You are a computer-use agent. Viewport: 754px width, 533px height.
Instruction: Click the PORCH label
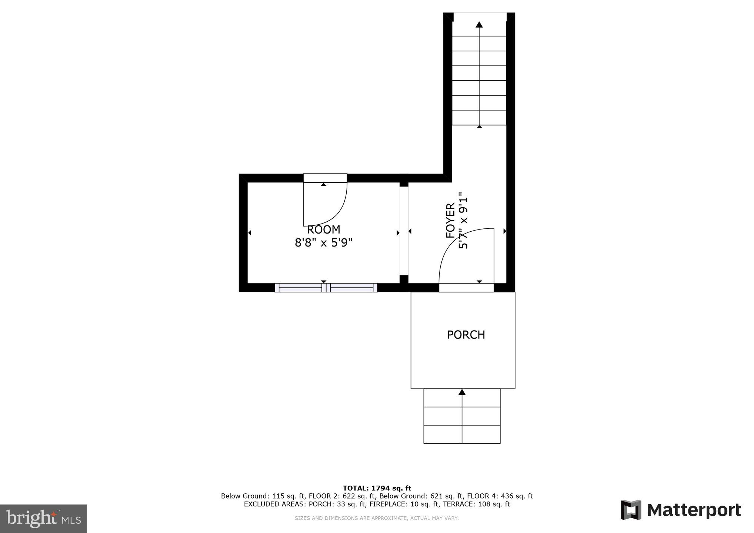click(466, 335)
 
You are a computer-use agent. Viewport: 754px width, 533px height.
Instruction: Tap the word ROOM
click(323, 229)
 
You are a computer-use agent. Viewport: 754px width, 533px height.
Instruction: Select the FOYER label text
click(450, 221)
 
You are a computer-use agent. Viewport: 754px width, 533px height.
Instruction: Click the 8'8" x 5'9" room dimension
click(323, 243)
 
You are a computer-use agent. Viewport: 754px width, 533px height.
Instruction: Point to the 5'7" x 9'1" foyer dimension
click(463, 221)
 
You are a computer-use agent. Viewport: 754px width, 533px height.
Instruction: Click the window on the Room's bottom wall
click(326, 288)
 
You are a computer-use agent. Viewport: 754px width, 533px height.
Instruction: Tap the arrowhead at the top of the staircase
click(479, 25)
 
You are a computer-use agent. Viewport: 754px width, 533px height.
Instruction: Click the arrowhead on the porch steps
click(462, 392)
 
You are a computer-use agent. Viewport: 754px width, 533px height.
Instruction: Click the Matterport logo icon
click(631, 510)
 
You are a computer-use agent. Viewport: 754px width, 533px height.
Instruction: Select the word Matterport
click(694, 510)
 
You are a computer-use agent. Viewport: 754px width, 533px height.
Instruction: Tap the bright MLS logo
click(43, 519)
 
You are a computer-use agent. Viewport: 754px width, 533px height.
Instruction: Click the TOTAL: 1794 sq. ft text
click(377, 488)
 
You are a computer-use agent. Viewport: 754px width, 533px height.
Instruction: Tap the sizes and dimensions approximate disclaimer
click(377, 518)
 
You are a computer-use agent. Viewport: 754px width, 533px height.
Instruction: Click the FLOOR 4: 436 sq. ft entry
click(500, 496)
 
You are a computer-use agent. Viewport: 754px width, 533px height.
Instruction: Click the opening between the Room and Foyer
click(404, 231)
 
